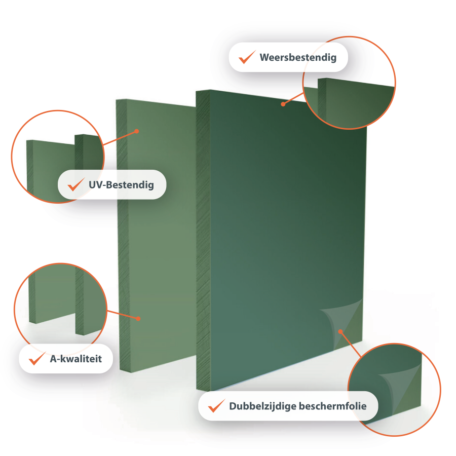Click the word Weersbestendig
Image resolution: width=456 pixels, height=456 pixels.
tap(298, 58)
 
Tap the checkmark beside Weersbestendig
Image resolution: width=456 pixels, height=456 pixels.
tap(247, 57)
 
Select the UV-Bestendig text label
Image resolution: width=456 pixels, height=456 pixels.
tap(121, 184)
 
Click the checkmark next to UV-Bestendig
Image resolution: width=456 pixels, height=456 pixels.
tap(76, 184)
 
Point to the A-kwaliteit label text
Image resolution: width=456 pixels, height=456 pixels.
tap(76, 359)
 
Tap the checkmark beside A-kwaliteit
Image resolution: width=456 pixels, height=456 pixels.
tap(37, 358)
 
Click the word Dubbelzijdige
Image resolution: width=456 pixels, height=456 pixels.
tap(262, 406)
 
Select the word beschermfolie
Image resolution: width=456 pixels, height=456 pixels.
tap(333, 406)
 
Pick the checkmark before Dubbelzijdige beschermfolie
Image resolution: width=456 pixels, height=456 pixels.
tap(217, 406)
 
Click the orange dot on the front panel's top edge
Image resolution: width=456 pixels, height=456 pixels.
tap(283, 104)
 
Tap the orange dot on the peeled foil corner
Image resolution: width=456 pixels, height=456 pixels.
tap(340, 331)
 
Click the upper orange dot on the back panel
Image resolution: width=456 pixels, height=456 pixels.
tap(137, 131)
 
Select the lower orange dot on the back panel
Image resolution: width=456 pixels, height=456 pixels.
tap(138, 319)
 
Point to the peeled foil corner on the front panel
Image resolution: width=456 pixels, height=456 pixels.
tap(343, 323)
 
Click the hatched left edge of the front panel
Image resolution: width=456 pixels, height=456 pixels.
tap(203, 240)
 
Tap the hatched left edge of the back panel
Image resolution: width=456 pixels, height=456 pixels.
tap(123, 236)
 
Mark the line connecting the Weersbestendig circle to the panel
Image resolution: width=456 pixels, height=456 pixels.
tap(293, 98)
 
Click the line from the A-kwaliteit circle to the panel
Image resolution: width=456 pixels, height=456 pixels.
tap(123, 315)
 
